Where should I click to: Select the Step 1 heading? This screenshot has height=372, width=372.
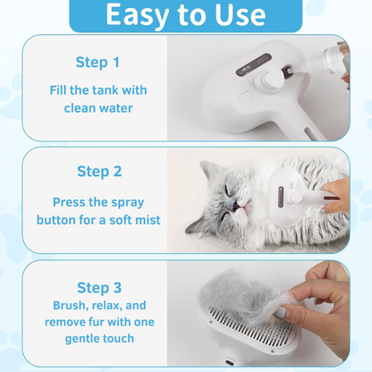[x=97, y=63]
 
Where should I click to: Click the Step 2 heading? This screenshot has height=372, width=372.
[x=99, y=171]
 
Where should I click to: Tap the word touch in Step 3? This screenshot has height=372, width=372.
[x=115, y=340]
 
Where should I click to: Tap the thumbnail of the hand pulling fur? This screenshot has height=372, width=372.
[x=283, y=313]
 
